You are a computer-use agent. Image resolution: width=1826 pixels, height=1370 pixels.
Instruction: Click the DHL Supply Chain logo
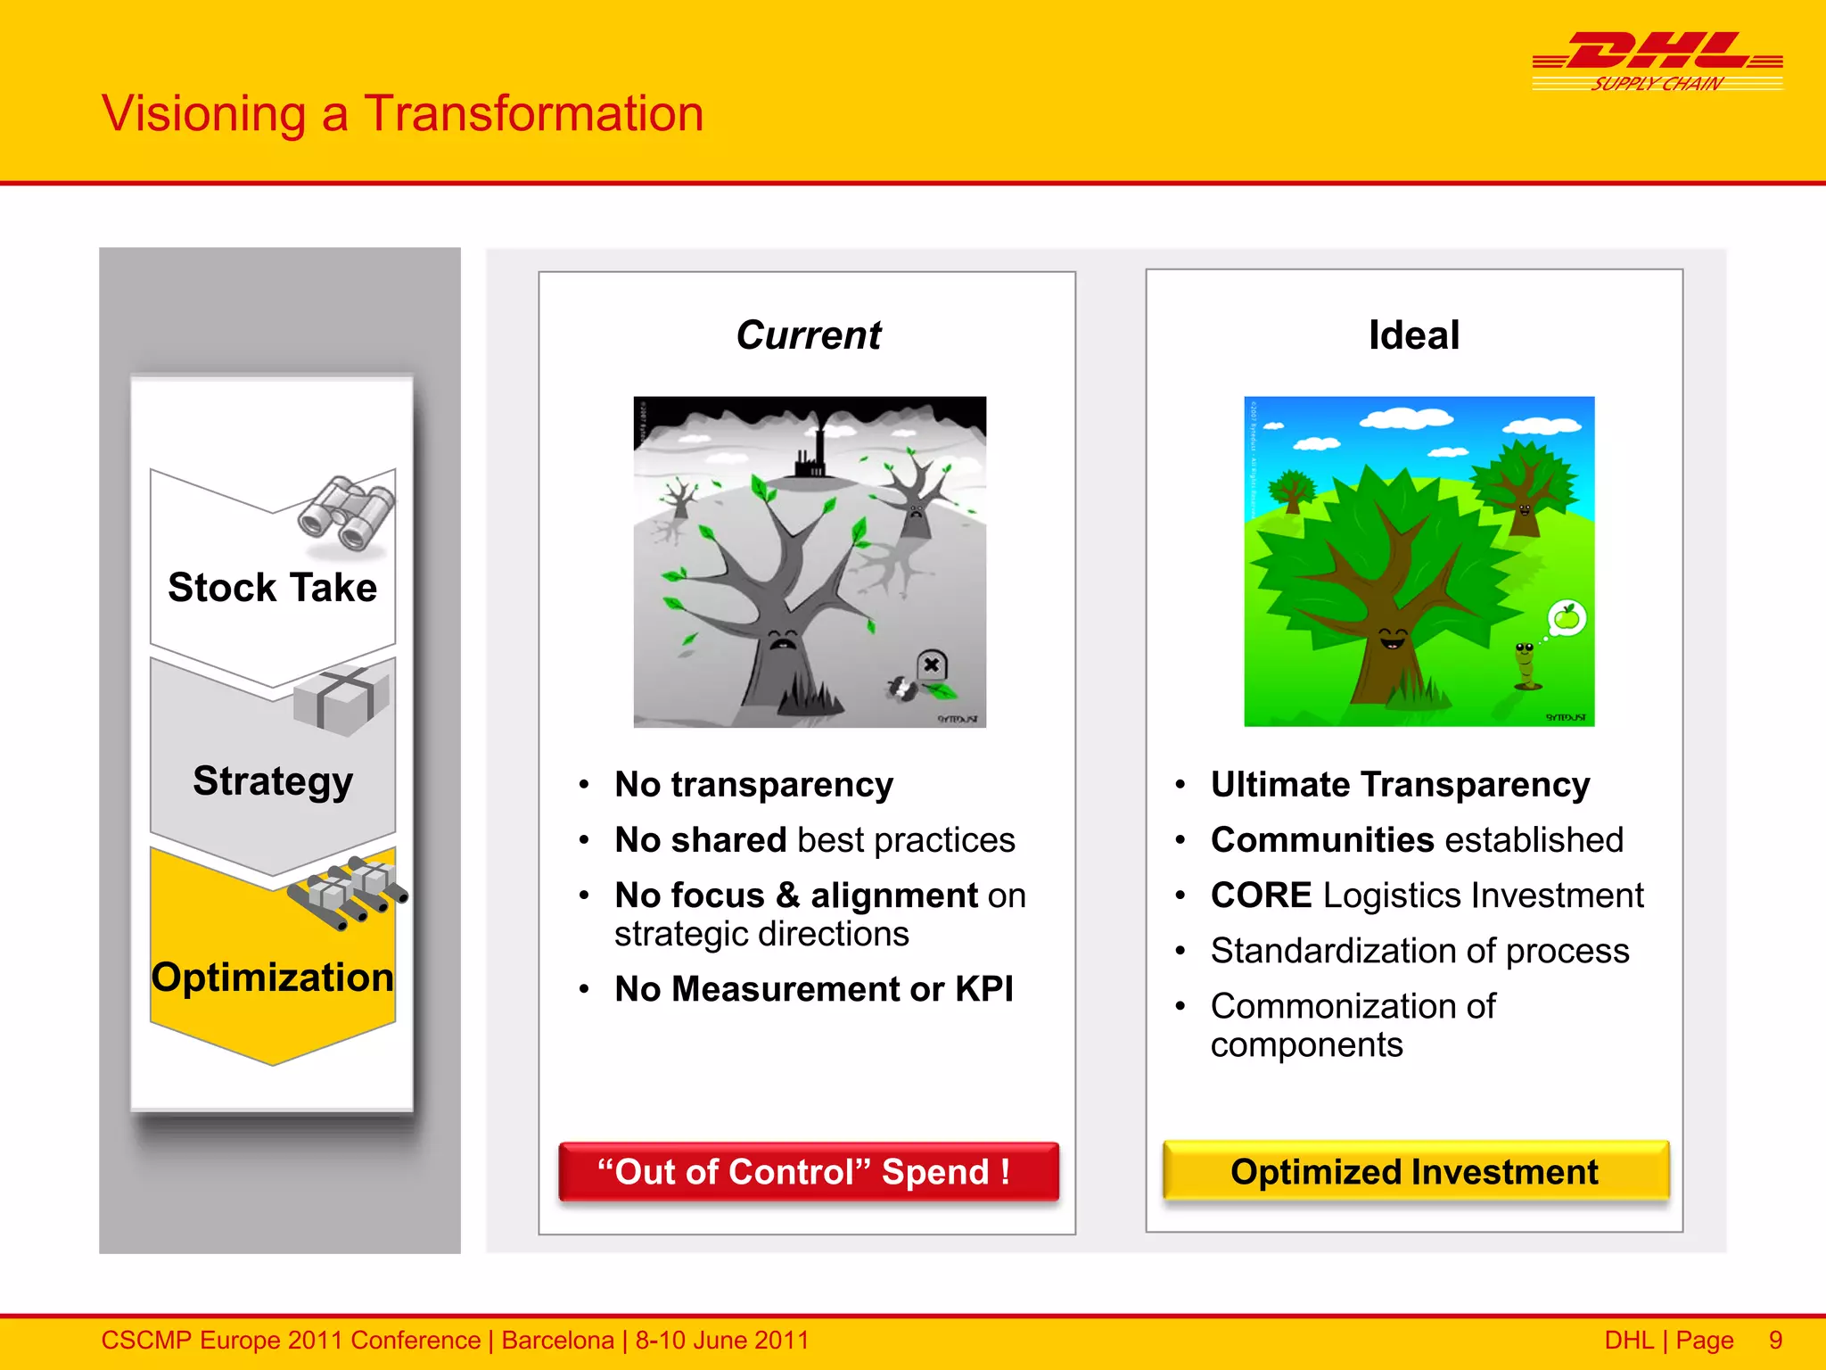tap(1657, 61)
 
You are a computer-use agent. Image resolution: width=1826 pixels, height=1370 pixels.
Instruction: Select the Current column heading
tap(808, 335)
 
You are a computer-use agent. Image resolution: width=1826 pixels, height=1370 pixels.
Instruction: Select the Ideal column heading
tap(1414, 335)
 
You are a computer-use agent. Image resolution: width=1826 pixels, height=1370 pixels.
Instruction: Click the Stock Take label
tap(272, 588)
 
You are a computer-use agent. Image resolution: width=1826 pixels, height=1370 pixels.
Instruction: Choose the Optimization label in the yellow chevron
tap(272, 978)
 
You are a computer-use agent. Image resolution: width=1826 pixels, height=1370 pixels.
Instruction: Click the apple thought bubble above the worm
tap(1567, 617)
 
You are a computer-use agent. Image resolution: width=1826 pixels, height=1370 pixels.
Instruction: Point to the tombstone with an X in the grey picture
tap(932, 665)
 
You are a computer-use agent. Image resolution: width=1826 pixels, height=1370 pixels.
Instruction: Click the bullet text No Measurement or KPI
tap(813, 989)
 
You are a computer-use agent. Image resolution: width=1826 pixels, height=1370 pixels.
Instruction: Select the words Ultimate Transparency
tap(1400, 785)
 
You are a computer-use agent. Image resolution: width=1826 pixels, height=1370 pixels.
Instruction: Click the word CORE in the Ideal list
tap(1261, 895)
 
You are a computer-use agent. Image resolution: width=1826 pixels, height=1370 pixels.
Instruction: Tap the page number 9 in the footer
tap(1775, 1341)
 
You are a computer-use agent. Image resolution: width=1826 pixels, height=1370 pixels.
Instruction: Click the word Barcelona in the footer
tap(557, 1341)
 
